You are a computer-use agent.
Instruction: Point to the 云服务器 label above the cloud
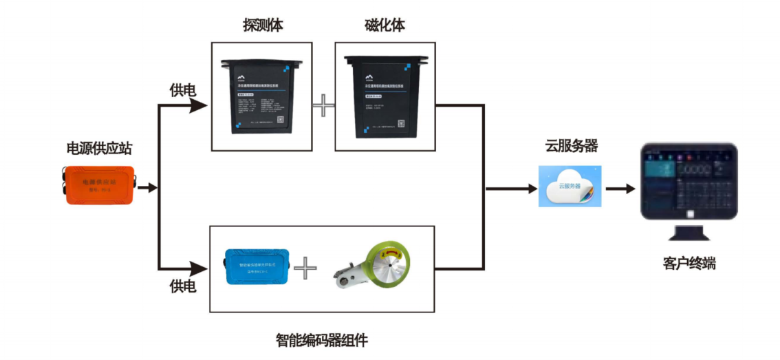coord(571,146)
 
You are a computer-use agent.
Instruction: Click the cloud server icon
coord(570,186)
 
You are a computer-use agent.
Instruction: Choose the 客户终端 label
coord(689,263)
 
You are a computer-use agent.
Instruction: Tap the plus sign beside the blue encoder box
coord(305,268)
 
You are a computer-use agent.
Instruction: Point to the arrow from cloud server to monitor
coord(620,188)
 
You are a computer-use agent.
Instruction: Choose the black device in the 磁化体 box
coord(384,97)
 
